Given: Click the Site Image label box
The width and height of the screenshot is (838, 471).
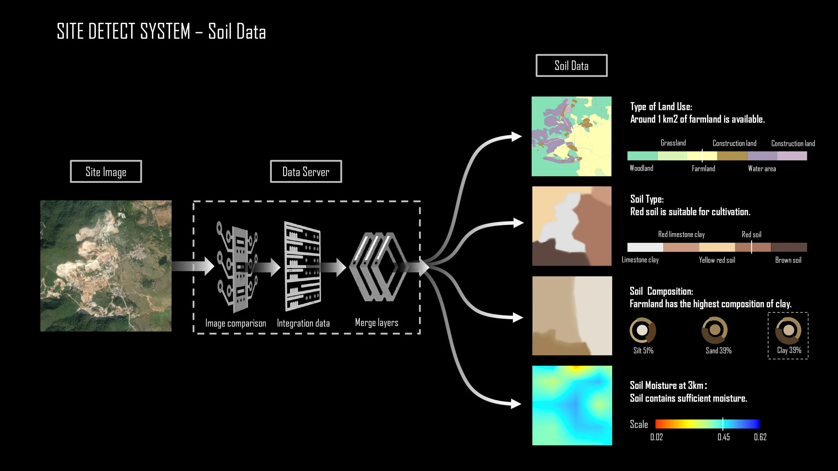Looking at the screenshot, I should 106,172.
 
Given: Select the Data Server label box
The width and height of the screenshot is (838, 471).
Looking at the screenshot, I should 306,172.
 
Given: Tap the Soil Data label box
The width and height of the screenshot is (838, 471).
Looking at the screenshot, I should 572,66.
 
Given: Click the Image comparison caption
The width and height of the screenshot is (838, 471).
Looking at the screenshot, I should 236,323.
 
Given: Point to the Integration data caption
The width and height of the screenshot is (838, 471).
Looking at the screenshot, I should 303,323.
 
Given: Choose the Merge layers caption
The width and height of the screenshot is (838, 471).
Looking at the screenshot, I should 376,323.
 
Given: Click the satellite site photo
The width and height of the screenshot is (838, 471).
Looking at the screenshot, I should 106,266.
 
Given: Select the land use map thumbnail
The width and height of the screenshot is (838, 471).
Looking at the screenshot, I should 572,136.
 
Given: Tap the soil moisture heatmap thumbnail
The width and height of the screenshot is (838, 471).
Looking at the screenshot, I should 572,405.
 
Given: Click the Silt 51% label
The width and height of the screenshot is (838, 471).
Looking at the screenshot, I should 643,351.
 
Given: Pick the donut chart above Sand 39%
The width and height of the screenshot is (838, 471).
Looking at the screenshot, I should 715,330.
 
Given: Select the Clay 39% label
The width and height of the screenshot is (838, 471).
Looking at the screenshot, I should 789,350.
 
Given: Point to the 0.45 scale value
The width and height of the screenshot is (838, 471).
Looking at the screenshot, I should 724,437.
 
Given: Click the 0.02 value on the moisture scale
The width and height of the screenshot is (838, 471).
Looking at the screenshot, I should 656,437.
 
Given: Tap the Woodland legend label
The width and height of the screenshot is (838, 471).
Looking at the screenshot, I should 641,168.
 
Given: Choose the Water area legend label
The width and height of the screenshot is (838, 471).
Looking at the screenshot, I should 762,169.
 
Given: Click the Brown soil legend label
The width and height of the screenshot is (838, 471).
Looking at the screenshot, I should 788,260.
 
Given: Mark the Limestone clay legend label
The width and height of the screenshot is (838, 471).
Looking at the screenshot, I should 640,260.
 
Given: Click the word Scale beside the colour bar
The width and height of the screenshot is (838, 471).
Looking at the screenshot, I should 639,424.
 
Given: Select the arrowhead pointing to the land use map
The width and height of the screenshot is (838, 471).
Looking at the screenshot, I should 516,136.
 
